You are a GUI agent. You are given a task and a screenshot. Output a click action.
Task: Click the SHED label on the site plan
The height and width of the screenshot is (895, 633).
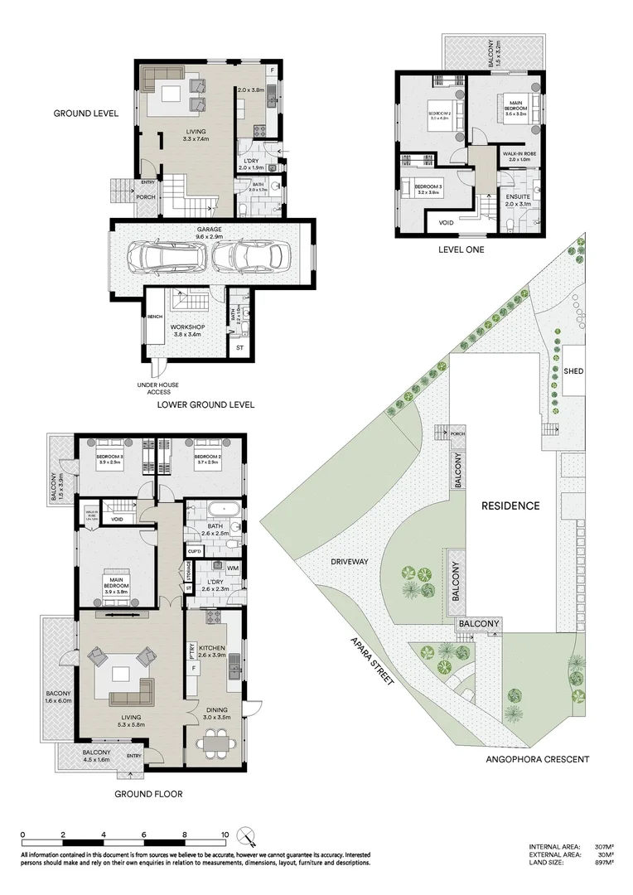[573, 370]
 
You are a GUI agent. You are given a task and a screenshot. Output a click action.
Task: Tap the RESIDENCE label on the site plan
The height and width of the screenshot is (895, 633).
[511, 506]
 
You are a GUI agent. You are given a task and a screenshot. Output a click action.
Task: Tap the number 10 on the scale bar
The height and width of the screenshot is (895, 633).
[225, 835]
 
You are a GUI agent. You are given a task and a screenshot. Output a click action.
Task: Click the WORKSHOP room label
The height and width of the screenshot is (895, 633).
[187, 326]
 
